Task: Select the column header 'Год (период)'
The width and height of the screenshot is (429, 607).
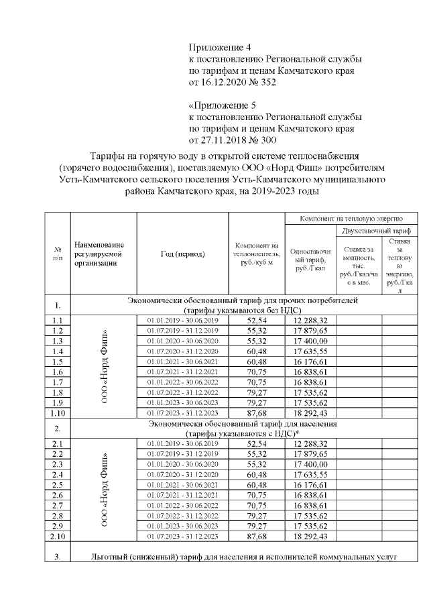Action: (x=182, y=254)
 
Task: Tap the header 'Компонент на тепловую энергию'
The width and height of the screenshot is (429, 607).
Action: (x=352, y=219)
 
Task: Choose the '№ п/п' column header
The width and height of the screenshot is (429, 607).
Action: (x=58, y=254)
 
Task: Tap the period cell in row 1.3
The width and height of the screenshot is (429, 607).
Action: (x=182, y=341)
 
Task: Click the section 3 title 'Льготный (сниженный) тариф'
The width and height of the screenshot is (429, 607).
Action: (x=244, y=557)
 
